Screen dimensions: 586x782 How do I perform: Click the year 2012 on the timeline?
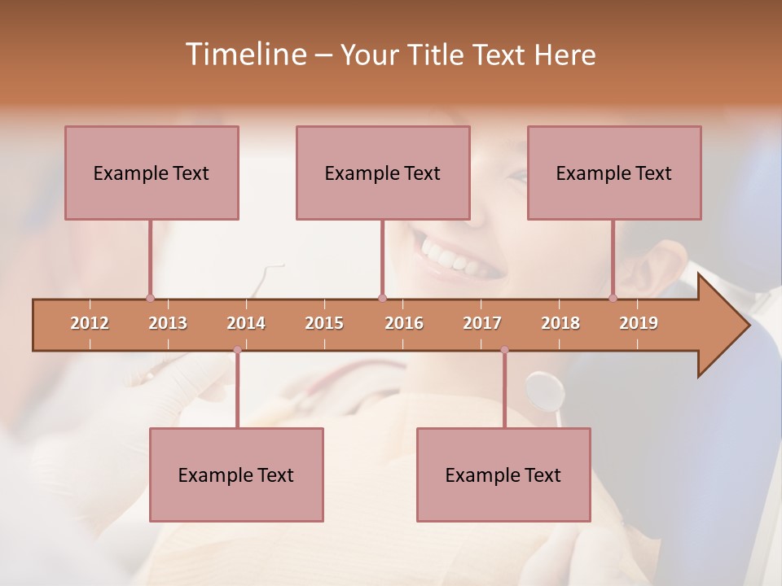click(x=90, y=323)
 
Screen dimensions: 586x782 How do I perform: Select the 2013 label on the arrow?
click(x=168, y=323)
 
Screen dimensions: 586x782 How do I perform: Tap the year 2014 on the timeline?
click(x=246, y=323)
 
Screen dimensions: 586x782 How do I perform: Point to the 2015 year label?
click(x=324, y=323)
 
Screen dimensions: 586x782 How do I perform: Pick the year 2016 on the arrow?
click(x=404, y=323)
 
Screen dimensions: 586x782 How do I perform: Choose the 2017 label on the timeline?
click(x=482, y=323)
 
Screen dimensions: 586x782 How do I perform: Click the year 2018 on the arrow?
click(x=560, y=323)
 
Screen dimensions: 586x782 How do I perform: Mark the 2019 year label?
click(x=639, y=323)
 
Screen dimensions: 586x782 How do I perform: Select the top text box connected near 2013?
click(x=152, y=173)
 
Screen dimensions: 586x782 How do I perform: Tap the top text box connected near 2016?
click(x=383, y=173)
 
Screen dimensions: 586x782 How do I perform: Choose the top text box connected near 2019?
click(x=614, y=173)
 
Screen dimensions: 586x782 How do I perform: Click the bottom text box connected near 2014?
click(x=236, y=474)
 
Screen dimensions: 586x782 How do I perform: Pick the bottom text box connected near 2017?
click(x=503, y=474)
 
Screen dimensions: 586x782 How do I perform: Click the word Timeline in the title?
click(x=244, y=55)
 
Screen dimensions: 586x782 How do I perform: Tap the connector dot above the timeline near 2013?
click(x=151, y=298)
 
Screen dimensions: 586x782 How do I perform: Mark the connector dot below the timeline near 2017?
click(x=504, y=350)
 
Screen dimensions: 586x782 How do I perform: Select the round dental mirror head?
click(x=545, y=390)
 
